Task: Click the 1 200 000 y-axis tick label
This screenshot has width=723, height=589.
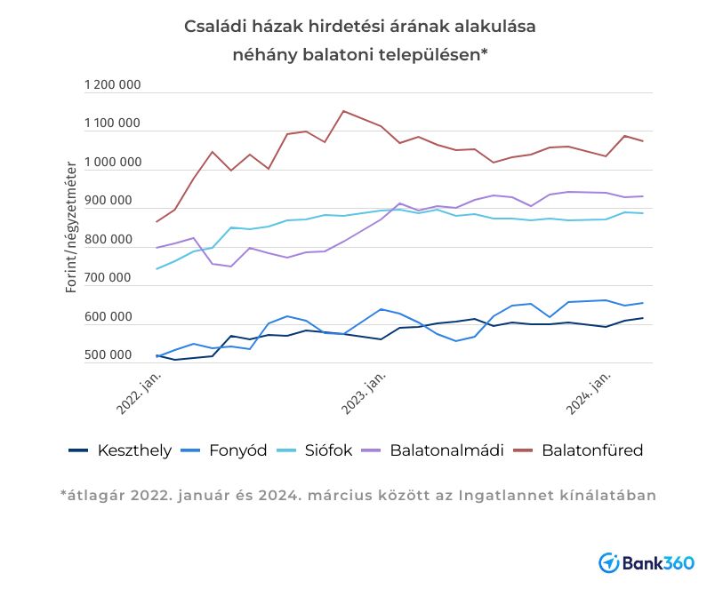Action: [x=112, y=85]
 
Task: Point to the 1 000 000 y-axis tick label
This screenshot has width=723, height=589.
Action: [x=112, y=163]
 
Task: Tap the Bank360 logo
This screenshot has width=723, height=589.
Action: [x=647, y=562]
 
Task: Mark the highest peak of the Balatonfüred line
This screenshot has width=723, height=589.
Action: [x=343, y=111]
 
